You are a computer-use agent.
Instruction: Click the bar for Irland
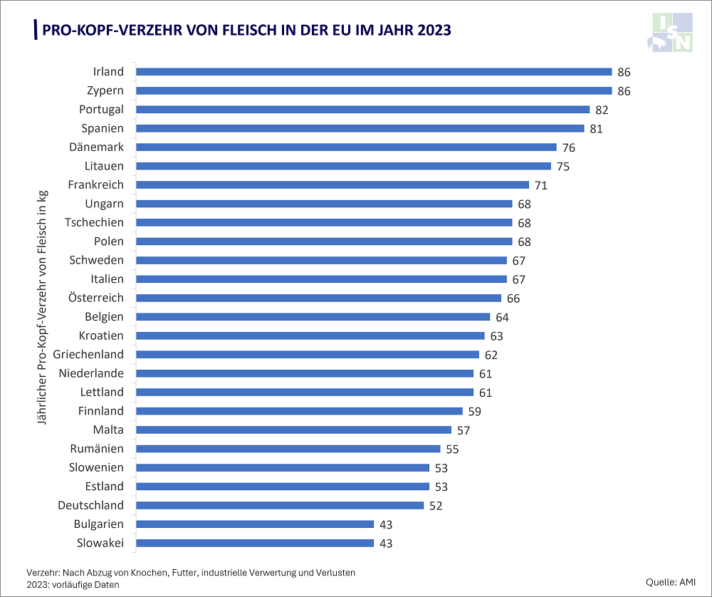click(374, 71)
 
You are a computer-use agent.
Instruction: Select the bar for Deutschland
click(280, 505)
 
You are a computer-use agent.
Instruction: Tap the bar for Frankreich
click(333, 185)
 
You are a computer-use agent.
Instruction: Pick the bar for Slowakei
click(255, 543)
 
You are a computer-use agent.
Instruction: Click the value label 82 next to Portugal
click(602, 110)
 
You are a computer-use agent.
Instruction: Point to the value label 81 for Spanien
click(596, 128)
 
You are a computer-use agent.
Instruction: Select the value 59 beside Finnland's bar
click(474, 411)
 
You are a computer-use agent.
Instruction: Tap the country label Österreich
click(95, 298)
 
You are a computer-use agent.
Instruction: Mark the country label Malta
click(108, 430)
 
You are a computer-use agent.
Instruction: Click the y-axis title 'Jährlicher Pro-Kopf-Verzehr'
click(42, 306)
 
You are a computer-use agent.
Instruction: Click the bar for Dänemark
click(346, 147)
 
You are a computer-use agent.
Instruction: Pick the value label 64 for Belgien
click(502, 317)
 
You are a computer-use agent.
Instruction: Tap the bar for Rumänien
click(288, 449)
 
